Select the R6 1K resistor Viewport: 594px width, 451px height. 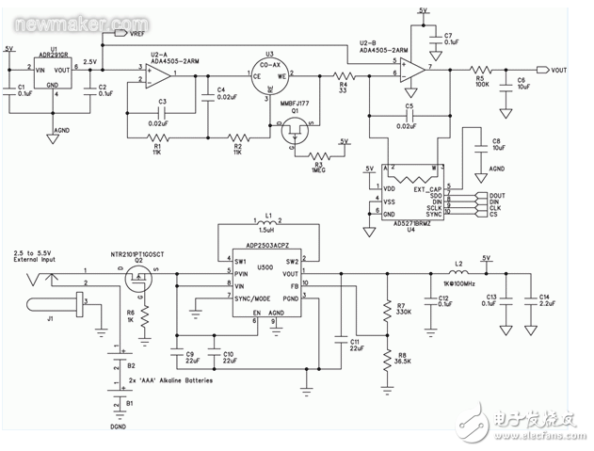[x=146, y=320]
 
